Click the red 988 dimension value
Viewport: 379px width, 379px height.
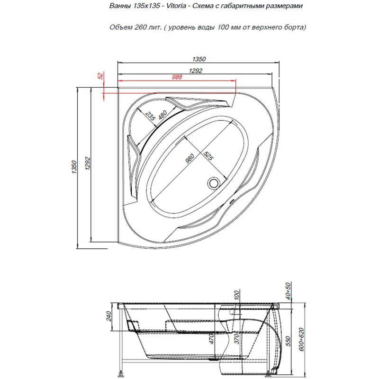tap(177, 77)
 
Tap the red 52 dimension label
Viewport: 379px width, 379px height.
tap(100, 76)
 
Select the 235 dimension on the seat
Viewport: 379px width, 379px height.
tap(150, 116)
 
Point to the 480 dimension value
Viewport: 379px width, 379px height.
tap(162, 115)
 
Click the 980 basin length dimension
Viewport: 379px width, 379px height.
tap(189, 158)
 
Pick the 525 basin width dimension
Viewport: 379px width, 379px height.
tap(208, 156)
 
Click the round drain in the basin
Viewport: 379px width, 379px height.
tap(214, 183)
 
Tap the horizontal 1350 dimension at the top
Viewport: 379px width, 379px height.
tap(199, 59)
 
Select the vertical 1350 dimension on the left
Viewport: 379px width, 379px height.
tap(74, 167)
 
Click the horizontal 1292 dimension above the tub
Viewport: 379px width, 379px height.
tap(195, 71)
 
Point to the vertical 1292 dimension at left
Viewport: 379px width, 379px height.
tap(88, 163)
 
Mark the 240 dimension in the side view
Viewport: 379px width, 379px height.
tap(108, 316)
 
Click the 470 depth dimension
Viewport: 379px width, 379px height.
tap(211, 339)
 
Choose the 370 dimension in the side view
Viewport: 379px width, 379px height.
tap(236, 339)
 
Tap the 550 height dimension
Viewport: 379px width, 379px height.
tap(288, 341)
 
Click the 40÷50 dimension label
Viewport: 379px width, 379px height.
tap(288, 291)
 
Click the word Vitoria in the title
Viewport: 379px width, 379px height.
tap(176, 6)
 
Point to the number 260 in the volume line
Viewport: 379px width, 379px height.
tap(140, 27)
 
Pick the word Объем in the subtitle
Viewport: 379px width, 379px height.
tap(121, 27)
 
